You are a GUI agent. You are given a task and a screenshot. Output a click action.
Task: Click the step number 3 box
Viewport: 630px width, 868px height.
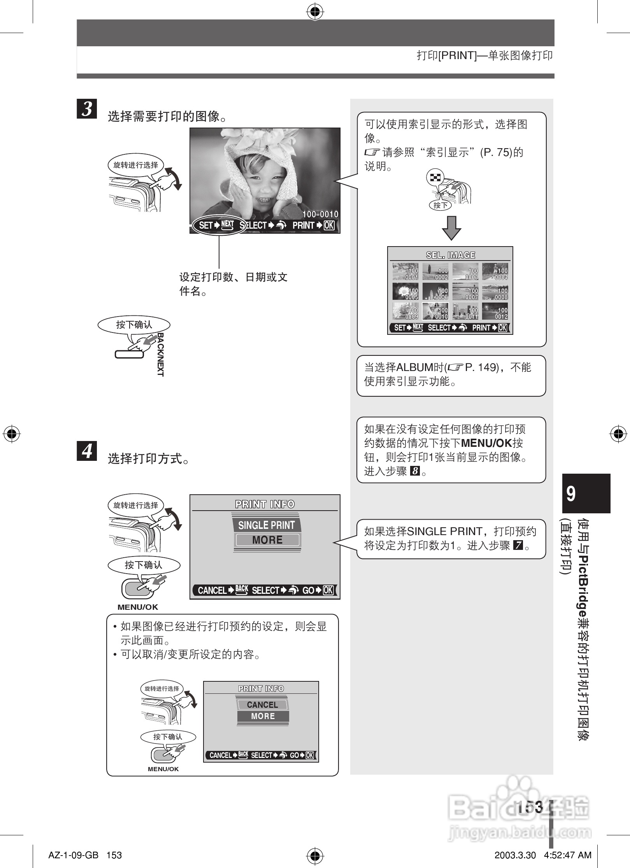coord(87,108)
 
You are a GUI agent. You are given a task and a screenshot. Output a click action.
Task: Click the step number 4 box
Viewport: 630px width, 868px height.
coord(87,451)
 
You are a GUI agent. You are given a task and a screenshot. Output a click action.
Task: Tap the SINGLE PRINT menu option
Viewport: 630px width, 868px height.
coord(267,525)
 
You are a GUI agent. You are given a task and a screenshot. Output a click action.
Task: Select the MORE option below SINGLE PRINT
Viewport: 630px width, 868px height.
coord(267,540)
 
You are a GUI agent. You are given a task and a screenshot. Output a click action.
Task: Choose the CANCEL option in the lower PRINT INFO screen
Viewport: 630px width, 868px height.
coord(262,705)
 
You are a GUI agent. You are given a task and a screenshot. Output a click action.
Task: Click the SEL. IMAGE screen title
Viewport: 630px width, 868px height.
coord(451,255)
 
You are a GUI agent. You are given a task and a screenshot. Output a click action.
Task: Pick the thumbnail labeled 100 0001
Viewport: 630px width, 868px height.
coord(405,272)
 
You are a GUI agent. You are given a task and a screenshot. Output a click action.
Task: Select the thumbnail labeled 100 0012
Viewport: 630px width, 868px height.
coord(495,311)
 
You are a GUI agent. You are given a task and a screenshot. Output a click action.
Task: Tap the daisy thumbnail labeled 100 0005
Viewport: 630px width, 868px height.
coord(405,292)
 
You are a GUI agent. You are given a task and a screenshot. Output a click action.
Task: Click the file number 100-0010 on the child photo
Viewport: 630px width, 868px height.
coord(320,214)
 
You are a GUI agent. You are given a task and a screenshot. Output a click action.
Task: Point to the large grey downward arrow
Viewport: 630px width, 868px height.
coord(451,228)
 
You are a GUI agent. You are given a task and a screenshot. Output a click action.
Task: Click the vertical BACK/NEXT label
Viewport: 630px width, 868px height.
coord(160,354)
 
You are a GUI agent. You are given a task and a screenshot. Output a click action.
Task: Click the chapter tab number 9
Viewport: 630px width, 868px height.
coord(571,493)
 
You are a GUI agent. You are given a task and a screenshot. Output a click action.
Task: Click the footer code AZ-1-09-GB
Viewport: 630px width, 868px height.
coord(73,855)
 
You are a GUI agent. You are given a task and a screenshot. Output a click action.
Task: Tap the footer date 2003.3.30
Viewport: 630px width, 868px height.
coord(515,855)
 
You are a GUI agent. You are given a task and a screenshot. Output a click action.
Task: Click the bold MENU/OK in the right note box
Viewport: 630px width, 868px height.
coord(486,443)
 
